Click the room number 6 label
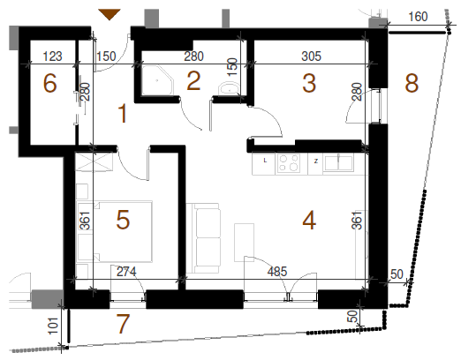pyautogui.click(x=49, y=83)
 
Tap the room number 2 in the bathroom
pyautogui.click(x=193, y=80)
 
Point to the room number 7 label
pyautogui.click(x=123, y=324)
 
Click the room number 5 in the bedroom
pyautogui.click(x=123, y=220)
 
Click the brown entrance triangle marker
pyautogui.click(x=110, y=14)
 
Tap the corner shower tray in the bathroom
pyautogui.click(x=158, y=80)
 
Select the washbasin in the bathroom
pyautogui.click(x=229, y=88)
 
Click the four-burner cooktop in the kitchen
pyautogui.click(x=288, y=163)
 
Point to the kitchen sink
pyautogui.click(x=338, y=162)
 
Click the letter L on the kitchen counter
pyautogui.click(x=265, y=161)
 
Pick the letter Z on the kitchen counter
pyautogui.click(x=316, y=161)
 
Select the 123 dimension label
pyautogui.click(x=53, y=56)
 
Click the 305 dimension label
pyautogui.click(x=312, y=56)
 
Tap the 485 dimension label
pyautogui.click(x=277, y=272)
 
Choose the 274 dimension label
pyautogui.click(x=126, y=272)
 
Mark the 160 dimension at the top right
pyautogui.click(x=418, y=17)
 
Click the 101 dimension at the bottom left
pyautogui.click(x=53, y=326)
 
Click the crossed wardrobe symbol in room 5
pyautogui.click(x=94, y=161)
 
